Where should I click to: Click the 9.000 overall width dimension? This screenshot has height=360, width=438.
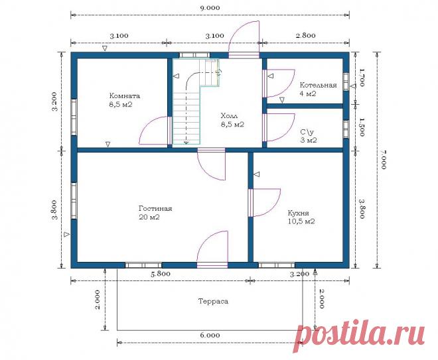coord(210,7)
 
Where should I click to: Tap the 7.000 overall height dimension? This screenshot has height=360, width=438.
coord(383,159)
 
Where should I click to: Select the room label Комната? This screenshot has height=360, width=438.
coord(125,95)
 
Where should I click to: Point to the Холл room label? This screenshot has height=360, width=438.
coord(229,115)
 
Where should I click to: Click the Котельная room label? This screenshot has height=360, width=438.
coord(318,85)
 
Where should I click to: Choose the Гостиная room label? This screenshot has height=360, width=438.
coord(155,208)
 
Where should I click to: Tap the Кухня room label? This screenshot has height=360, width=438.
coord(299,213)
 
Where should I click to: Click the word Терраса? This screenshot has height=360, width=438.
coord(213,301)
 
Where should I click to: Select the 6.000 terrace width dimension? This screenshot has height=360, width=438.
coord(210,335)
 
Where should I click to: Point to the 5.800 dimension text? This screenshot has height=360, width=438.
coord(161,274)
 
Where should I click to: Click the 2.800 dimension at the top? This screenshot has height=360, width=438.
coord(305,35)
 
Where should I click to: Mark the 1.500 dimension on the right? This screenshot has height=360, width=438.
coord(362,127)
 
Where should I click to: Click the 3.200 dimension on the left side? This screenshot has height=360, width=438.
coord(54,101)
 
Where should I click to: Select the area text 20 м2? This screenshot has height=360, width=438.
coord(149,217)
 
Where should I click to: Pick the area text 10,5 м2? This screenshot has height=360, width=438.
coord(301,221)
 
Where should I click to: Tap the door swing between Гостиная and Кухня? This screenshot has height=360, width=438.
coord(267,203)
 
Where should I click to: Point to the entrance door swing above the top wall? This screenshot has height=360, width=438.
coord(244,37)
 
